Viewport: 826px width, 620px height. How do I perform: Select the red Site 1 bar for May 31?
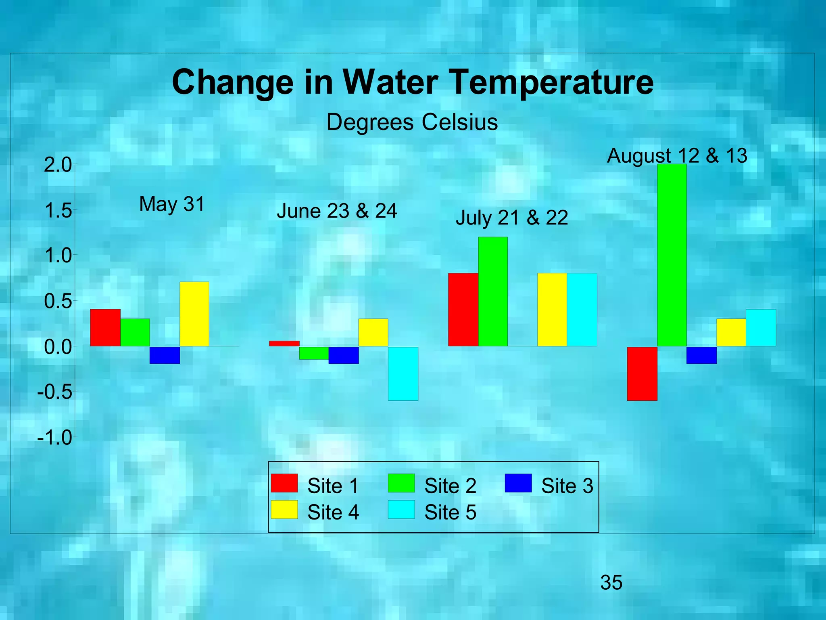[105, 327]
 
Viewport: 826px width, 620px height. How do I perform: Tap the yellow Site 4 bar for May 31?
[194, 314]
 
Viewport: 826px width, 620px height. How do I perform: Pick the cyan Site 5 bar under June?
[403, 373]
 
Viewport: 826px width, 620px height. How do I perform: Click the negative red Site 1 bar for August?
[642, 373]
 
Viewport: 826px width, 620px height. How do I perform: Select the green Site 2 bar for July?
[493, 291]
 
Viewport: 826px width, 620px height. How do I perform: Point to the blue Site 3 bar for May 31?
[165, 355]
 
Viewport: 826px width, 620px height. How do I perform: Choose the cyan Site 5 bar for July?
[582, 310]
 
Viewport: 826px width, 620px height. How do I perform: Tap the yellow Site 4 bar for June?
[373, 332]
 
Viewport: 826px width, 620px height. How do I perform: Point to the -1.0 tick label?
[54, 438]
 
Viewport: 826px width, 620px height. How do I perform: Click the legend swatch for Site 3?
[518, 483]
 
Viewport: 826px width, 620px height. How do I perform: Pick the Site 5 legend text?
[450, 512]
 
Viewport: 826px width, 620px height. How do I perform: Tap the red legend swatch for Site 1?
[284, 483]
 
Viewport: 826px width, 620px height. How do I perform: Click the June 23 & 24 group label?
[337, 211]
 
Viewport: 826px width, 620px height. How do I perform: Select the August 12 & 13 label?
[677, 156]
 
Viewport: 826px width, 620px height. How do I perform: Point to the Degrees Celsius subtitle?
[412, 122]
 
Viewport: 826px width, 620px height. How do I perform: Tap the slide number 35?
[611, 582]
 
